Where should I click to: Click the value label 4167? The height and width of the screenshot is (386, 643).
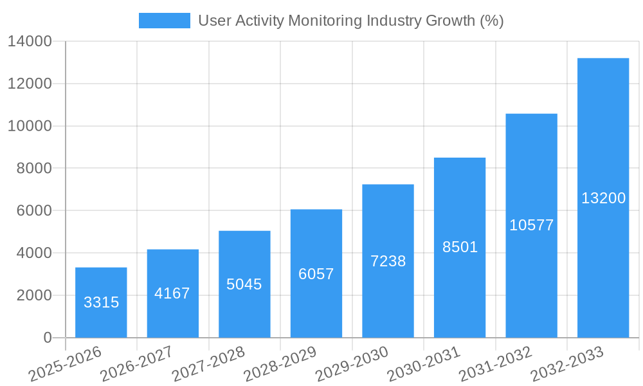pos(172,293)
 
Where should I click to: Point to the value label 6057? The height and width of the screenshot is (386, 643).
pos(316,274)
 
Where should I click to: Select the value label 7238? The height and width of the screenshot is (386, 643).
pos(388,261)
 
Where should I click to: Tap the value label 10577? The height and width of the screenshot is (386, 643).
pos(531,225)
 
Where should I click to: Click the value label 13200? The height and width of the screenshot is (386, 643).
pos(603,198)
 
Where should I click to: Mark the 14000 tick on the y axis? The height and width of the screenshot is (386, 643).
pos(30,41)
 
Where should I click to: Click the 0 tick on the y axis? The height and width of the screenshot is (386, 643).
pos(48,338)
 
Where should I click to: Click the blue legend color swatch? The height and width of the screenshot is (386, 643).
pos(165,21)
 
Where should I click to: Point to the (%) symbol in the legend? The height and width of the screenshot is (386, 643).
pos(492,21)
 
